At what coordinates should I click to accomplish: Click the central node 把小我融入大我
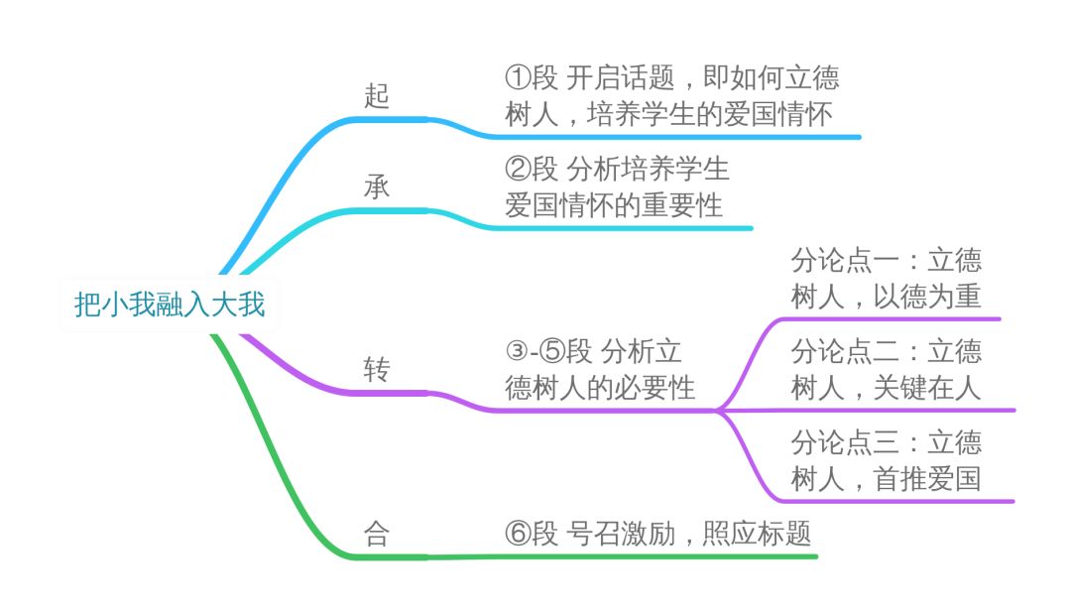pos(170,304)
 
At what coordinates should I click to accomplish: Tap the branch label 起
pos(377,96)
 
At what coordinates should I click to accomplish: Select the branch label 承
pos(377,187)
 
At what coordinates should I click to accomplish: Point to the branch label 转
pos(377,370)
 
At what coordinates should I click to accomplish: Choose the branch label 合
pos(377,536)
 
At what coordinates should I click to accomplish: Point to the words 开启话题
pos(620,77)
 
